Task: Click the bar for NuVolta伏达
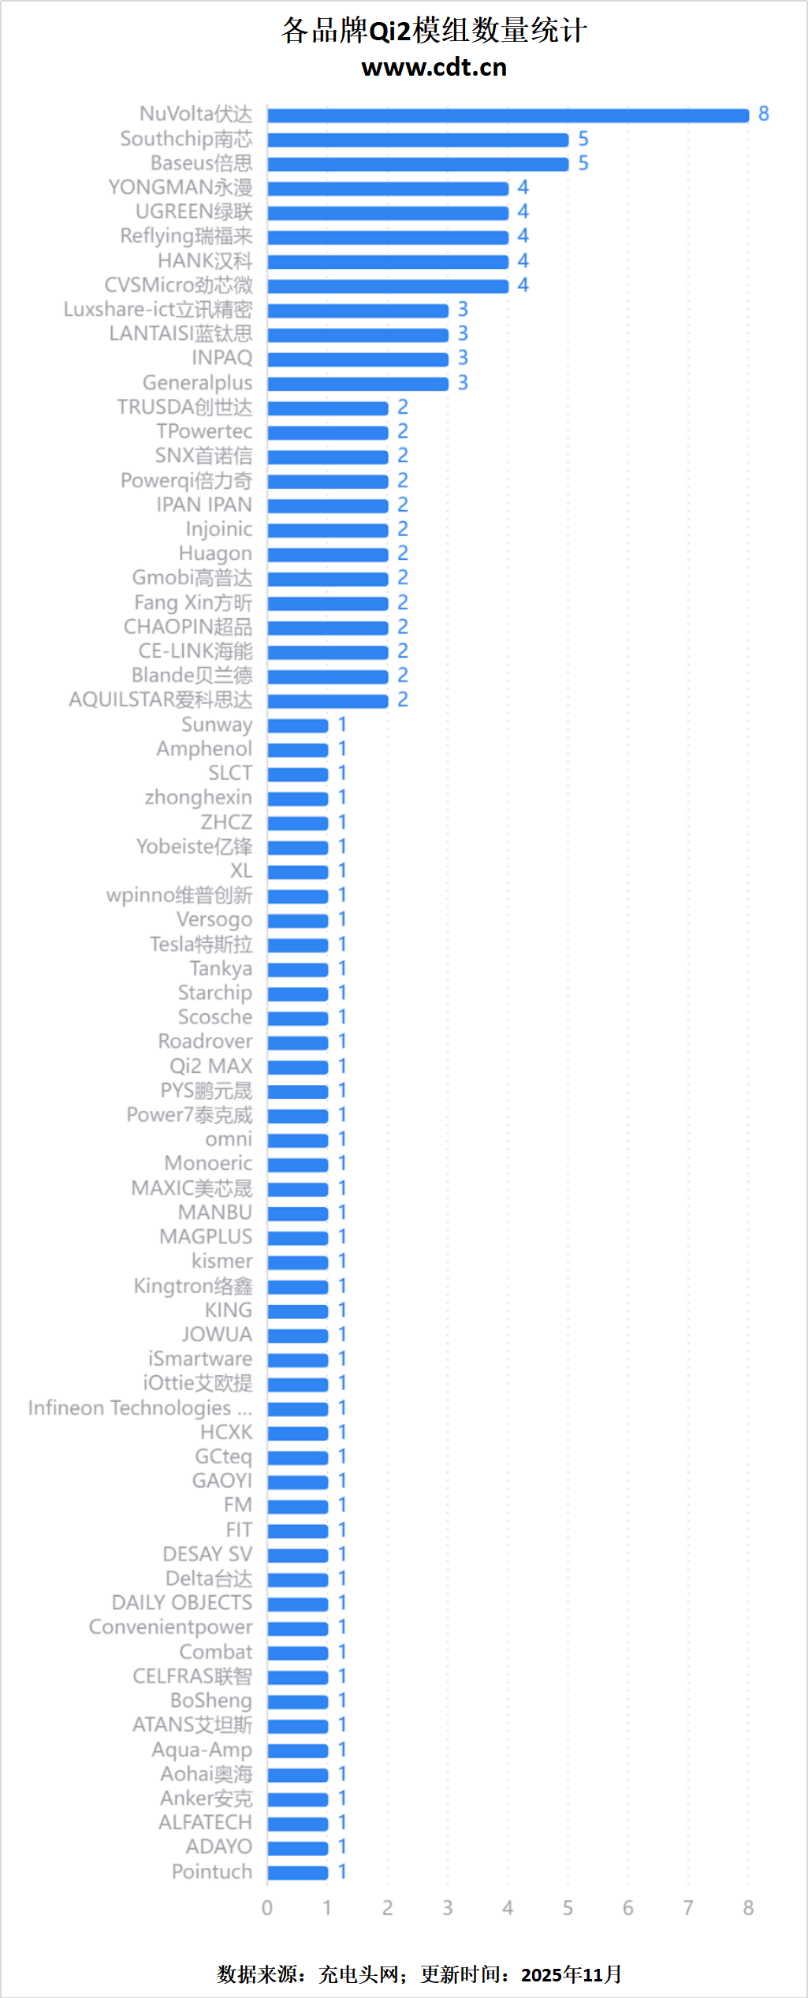point(508,115)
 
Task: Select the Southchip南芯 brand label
point(186,139)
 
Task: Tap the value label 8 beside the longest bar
point(763,114)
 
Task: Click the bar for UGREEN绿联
point(388,213)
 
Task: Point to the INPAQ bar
point(358,360)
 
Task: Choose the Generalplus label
point(197,383)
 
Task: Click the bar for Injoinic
point(328,530)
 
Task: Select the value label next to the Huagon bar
point(403,554)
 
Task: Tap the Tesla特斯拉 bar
point(298,945)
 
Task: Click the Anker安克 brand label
point(206,1799)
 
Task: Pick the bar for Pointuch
point(298,1873)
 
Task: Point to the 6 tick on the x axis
point(627,1908)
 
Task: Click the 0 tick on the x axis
point(267,1908)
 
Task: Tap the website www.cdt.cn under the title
point(434,68)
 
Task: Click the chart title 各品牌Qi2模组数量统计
point(434,31)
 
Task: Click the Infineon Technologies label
point(140,1408)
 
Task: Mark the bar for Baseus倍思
point(418,164)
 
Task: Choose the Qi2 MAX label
point(210,1067)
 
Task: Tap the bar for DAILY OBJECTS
point(298,1604)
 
